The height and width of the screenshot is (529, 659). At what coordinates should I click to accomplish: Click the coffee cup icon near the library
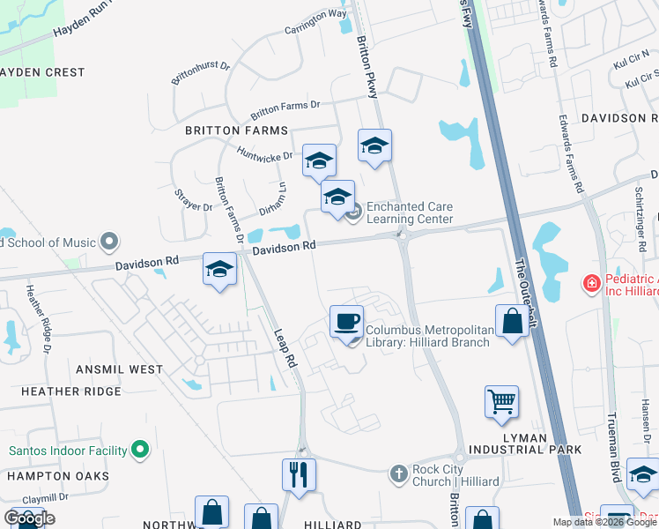click(x=346, y=320)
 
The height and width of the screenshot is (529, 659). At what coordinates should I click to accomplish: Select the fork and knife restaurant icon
click(x=300, y=474)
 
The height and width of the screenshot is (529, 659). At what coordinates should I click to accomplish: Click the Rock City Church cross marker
click(x=399, y=474)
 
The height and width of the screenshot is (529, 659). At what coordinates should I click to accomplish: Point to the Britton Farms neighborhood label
click(x=236, y=130)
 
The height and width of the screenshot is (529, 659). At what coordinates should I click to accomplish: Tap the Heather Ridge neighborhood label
click(x=59, y=391)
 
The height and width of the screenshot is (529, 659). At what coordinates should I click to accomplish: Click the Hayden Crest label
click(x=42, y=72)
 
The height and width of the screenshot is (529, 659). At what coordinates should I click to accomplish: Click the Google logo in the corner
click(x=30, y=518)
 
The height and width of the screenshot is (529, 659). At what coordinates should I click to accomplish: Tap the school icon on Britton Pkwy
click(x=374, y=145)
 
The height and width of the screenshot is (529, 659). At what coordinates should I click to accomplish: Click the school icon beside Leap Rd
click(x=219, y=269)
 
